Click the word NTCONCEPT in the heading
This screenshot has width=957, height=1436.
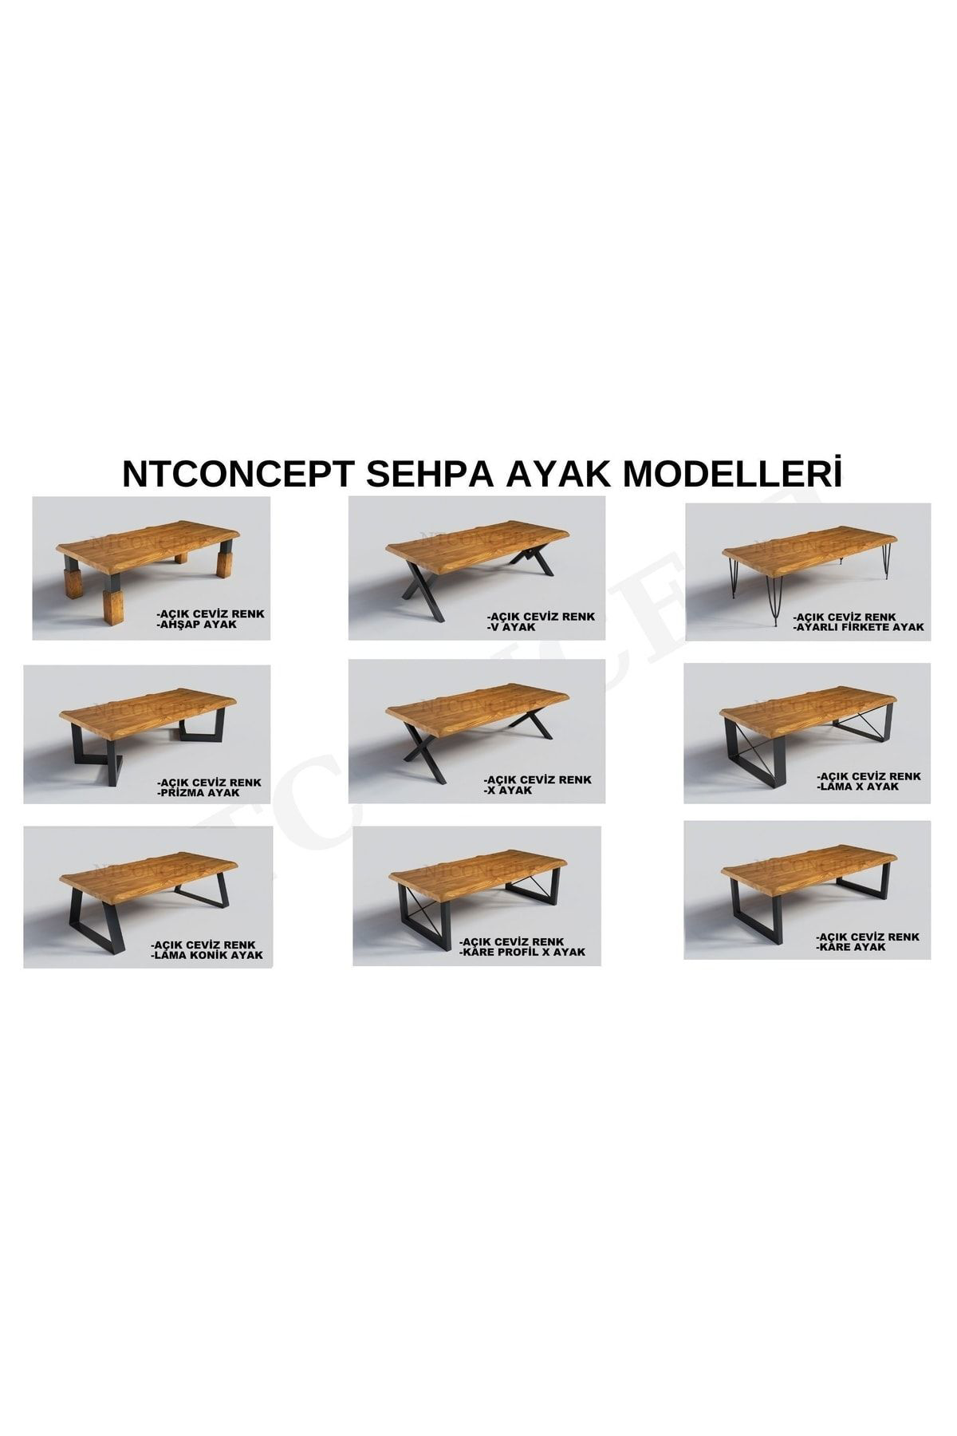(237, 473)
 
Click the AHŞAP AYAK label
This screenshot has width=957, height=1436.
(199, 625)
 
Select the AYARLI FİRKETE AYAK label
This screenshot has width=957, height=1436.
(859, 628)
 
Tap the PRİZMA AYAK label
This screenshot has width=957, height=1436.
(199, 793)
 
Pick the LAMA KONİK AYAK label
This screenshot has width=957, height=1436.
(207, 955)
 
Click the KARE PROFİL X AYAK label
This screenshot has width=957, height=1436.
(523, 952)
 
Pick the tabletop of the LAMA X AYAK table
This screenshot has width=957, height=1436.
(805, 704)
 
